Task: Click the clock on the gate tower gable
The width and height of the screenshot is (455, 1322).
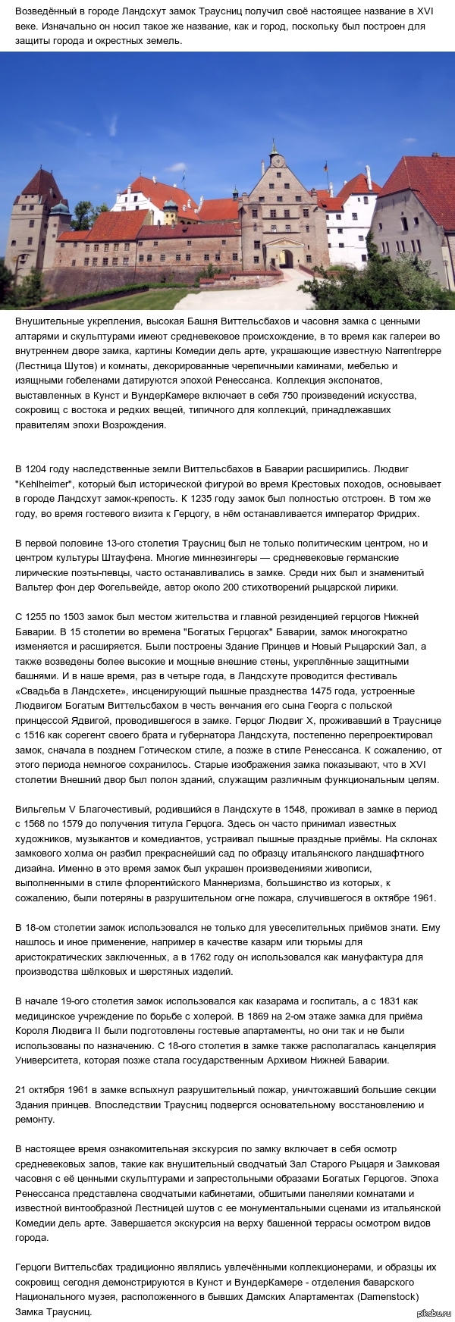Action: pos(275,160)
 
